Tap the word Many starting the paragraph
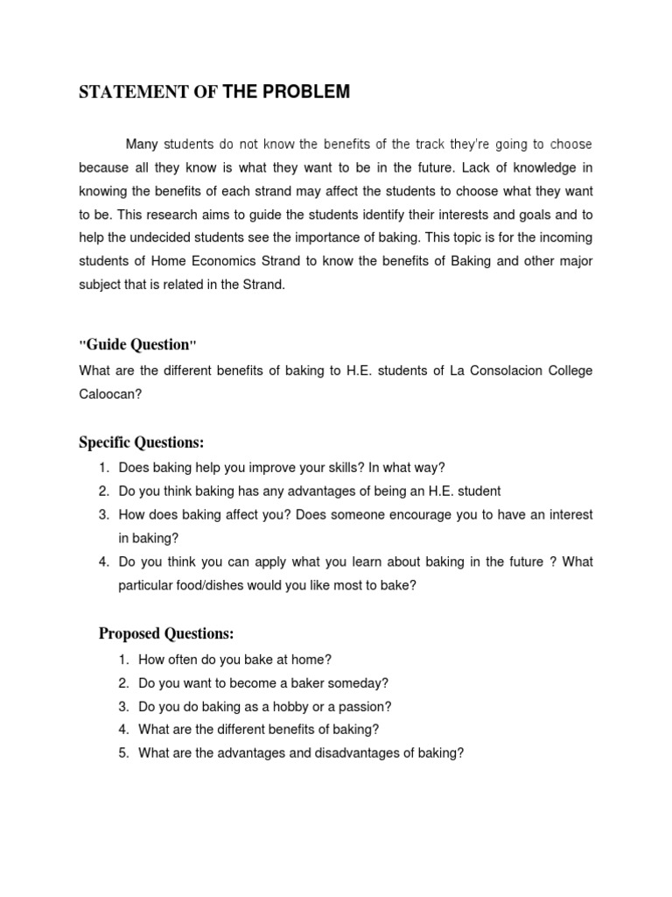pos(142,145)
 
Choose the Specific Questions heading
pos(141,442)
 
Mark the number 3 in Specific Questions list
pos(102,515)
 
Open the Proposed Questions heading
pos(166,633)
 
